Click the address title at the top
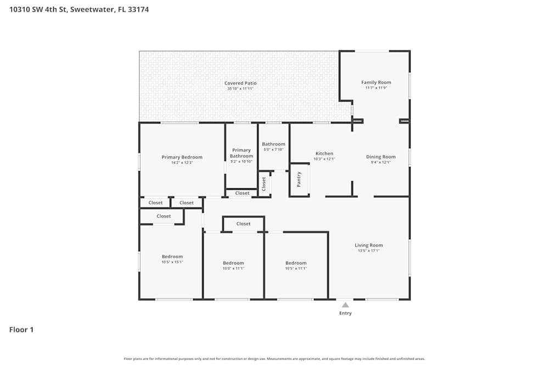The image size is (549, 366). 79,9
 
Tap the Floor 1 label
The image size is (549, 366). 21,330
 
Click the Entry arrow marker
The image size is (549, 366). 345,305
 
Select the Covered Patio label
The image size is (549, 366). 240,83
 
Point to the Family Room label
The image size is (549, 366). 376,82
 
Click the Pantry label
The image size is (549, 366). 299,179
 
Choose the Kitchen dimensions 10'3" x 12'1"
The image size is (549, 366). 324,159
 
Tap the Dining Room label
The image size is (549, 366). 380,157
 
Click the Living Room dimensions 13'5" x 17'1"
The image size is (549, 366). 368,251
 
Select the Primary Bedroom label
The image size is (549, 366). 182,157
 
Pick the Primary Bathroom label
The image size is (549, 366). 241,153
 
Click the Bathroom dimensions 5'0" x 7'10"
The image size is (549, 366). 273,150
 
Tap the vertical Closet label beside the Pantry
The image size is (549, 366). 264,184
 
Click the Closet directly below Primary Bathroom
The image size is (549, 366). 242,193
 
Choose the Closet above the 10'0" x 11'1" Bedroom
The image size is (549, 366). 243,224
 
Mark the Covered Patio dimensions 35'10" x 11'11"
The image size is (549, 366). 240,89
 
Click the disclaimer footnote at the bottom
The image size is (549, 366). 274,359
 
